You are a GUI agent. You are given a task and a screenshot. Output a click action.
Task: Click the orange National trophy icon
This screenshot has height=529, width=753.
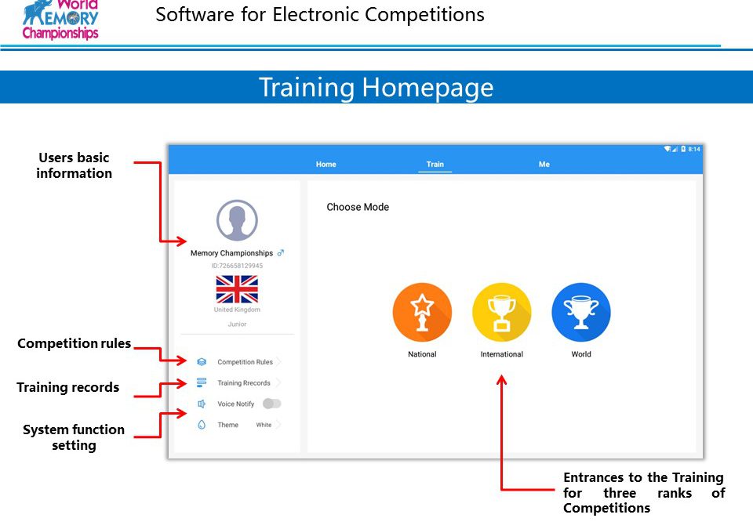pos(422,312)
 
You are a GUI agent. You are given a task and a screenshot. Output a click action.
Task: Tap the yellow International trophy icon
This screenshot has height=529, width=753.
pos(502,312)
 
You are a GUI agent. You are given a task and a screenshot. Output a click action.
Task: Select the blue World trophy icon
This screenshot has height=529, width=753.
pos(581,312)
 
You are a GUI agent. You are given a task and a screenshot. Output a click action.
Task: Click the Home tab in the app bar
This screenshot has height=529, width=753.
pos(326,164)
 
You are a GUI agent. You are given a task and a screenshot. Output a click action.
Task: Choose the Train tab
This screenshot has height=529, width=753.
pos(435,164)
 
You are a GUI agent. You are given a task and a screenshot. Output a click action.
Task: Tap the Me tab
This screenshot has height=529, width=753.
pos(544,164)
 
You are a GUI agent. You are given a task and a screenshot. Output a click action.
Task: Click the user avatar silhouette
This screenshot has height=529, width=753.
pos(237,220)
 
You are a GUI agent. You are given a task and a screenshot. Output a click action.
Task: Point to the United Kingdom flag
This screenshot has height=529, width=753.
pos(237,289)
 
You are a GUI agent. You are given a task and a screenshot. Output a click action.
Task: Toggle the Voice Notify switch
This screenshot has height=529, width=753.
pos(272,404)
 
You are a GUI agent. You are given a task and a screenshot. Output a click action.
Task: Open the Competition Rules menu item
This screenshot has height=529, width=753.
pos(245,362)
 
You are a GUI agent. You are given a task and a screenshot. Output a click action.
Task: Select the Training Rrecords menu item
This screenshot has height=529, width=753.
pos(244,383)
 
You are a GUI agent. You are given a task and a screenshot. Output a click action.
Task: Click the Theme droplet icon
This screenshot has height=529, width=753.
pos(202,425)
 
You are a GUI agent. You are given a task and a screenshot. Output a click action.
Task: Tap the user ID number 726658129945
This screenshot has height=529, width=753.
pos(237,266)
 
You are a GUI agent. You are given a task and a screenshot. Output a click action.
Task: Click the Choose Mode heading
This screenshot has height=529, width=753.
pos(358,207)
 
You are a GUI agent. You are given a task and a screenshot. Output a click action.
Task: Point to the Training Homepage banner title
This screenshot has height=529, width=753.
pos(376,87)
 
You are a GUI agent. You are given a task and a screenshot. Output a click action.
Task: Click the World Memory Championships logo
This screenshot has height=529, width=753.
pos(60,20)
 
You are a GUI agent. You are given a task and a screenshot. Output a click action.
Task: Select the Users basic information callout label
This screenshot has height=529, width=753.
pos(74,165)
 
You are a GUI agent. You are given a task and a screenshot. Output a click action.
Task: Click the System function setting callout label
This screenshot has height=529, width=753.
pos(74,437)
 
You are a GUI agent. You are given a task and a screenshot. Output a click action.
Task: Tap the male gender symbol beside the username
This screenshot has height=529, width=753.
pos(281,253)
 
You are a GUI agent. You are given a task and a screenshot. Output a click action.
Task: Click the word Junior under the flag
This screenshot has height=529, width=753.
pos(237,324)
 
